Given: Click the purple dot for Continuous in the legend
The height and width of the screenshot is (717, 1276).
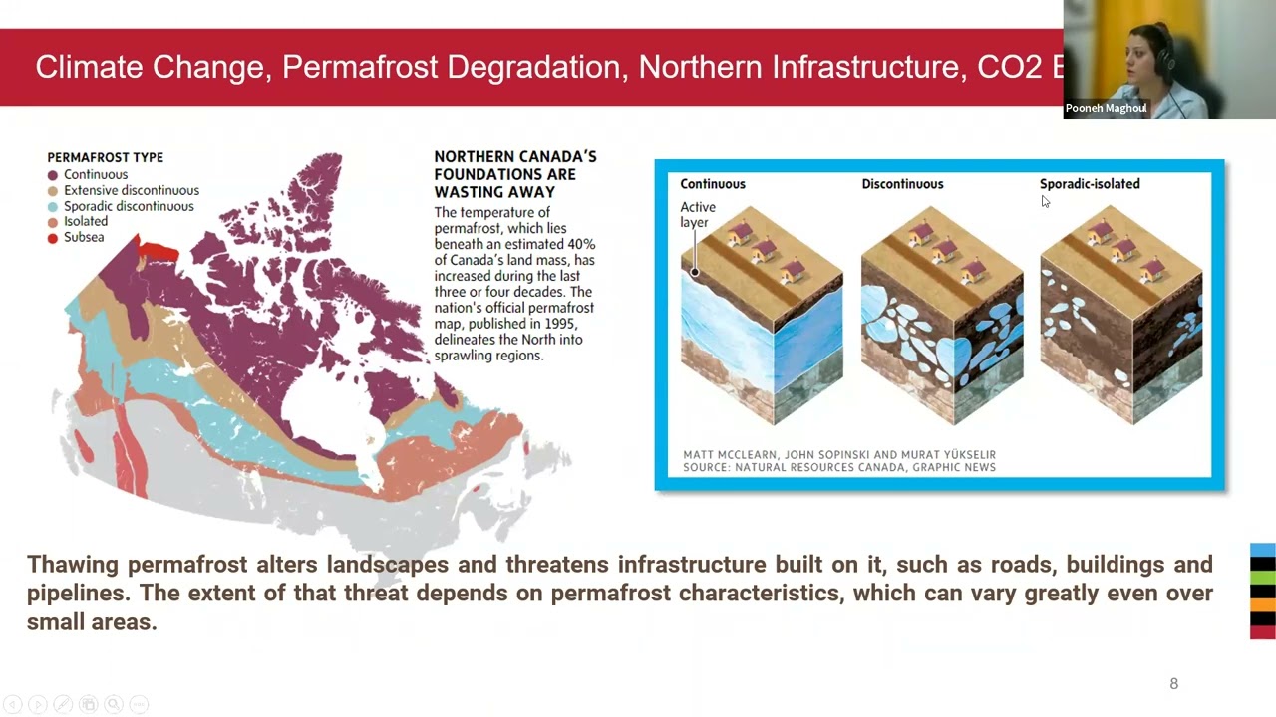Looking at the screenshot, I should coord(53,175).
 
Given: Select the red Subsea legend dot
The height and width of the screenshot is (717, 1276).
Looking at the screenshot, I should coord(53,238).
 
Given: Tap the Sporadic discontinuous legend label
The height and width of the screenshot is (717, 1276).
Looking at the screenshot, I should coord(129,206).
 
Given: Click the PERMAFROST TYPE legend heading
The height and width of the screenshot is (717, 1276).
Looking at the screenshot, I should coord(105,157).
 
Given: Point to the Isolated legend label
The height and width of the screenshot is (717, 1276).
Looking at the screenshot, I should coord(86,222).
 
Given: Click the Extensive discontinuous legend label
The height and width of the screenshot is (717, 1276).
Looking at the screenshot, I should coord(132,190).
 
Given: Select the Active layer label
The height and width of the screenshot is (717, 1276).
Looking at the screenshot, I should coord(698,214).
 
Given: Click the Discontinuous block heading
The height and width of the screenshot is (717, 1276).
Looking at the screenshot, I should coord(902,184).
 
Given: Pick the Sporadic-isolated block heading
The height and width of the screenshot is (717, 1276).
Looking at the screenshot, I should coord(1090,184).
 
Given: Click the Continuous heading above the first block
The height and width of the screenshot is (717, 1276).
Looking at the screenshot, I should coord(713,184).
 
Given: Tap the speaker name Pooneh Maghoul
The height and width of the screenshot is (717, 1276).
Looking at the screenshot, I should coord(1106,108).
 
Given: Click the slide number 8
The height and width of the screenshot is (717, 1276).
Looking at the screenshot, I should coord(1173,683).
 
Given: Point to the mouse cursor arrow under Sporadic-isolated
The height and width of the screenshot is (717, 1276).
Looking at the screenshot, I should coord(1045,201).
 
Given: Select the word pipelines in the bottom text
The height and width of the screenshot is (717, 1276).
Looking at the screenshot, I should coord(79,593).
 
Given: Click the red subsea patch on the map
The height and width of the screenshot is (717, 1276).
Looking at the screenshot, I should coord(158,252).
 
